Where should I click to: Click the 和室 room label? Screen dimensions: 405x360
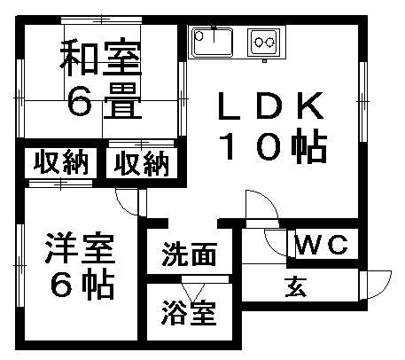101,59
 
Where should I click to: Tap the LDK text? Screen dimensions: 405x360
270,106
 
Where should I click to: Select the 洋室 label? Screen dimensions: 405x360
80,248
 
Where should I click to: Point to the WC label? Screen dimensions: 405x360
322,245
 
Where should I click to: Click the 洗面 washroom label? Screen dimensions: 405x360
190,254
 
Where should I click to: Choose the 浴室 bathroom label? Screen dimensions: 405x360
188,312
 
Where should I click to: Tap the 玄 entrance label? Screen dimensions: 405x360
295,287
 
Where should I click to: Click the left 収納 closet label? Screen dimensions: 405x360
61,161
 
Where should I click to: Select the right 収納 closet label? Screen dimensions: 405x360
142,163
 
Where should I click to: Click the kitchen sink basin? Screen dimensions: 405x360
212,42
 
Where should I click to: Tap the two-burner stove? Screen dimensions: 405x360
263,43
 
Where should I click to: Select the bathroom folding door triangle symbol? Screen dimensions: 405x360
193,293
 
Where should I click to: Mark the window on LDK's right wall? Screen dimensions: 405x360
363,102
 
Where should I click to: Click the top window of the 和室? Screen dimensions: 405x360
101,20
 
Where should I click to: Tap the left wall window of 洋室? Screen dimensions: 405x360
20,266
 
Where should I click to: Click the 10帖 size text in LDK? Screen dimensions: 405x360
272,145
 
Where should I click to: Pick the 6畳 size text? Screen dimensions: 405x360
101,100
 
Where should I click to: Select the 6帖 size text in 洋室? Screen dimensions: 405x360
82,285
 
